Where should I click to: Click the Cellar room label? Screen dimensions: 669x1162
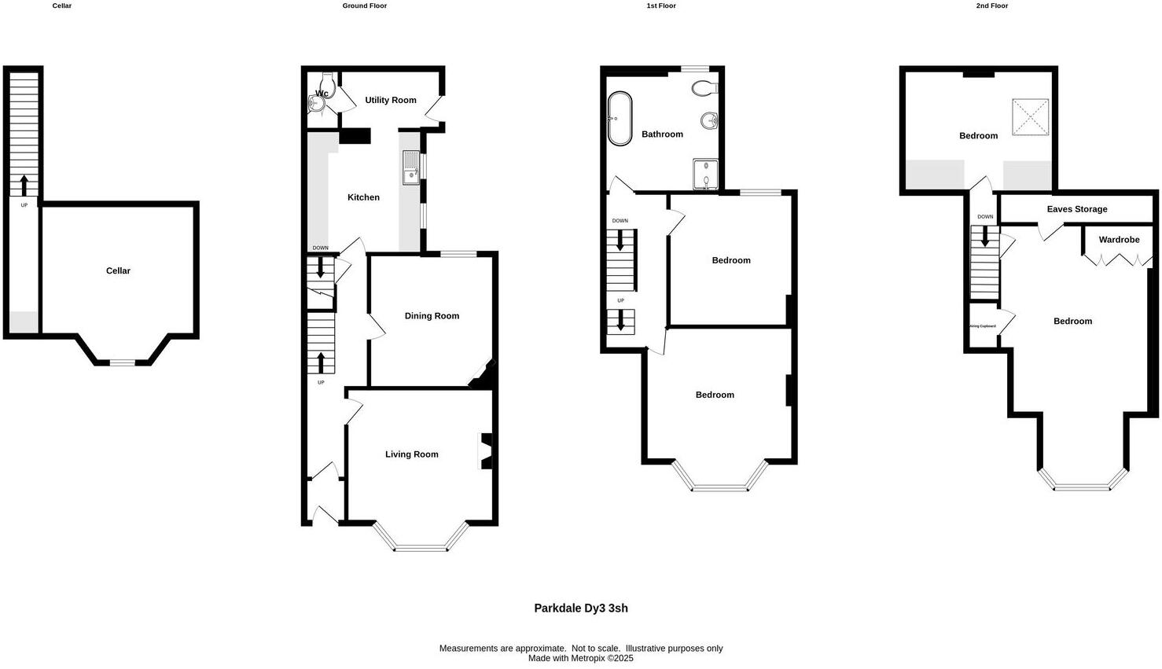point(118,271)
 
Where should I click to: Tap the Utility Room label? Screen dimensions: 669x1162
point(390,101)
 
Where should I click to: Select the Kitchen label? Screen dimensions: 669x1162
point(363,197)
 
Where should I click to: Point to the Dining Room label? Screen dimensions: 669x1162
point(432,316)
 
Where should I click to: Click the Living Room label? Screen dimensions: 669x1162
point(411,454)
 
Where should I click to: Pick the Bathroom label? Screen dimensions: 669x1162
point(662,134)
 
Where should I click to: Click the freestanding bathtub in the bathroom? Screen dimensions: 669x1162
point(620,119)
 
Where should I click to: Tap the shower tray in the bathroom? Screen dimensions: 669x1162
point(706,175)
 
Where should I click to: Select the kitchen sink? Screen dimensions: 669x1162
point(411,167)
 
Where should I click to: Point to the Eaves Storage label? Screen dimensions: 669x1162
point(1076,209)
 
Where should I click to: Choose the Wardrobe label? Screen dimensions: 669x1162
point(1119,240)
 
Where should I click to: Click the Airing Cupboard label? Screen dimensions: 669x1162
point(983,325)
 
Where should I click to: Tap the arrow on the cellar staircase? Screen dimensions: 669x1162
point(24,186)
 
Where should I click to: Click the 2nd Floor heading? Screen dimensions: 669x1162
point(991,6)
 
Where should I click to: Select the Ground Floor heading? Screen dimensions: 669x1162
point(364,6)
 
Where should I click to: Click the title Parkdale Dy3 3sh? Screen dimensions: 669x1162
point(580,608)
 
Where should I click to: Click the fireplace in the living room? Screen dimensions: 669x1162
point(487,451)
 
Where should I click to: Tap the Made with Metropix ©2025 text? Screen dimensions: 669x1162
point(580,659)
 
